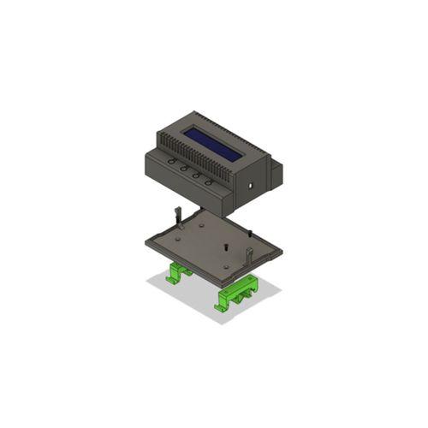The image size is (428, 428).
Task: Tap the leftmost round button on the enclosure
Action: (172, 161)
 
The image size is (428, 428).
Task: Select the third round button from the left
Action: (197, 175)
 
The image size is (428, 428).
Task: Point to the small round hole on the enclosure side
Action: (251, 183)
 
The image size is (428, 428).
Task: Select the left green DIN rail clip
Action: (179, 274)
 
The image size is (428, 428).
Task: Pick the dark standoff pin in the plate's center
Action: (223, 247)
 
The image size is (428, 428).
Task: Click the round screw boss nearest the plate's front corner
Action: (225, 266)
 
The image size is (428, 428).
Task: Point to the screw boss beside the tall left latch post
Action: (184, 228)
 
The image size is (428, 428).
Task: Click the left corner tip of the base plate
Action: (146, 243)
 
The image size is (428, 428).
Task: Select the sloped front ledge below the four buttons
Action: (184, 180)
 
